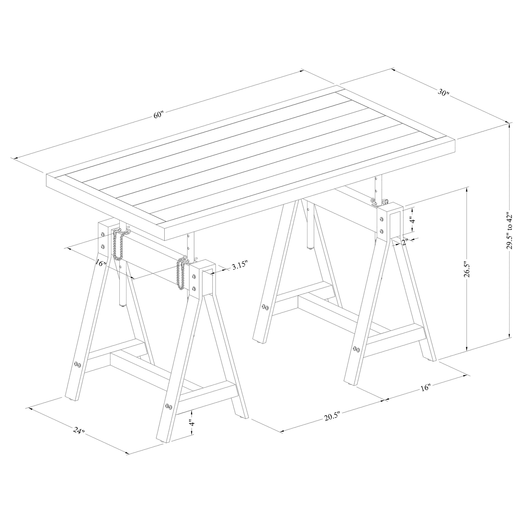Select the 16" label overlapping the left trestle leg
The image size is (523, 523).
100,262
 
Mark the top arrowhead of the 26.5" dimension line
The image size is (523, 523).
467,191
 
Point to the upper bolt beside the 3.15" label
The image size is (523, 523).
194,276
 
